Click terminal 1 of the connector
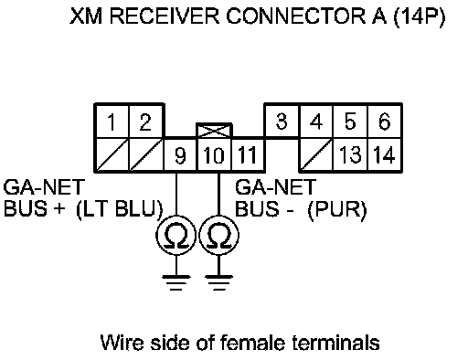coord(112,122)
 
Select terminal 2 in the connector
coord(146,122)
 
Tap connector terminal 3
coord(282,122)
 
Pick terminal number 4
coord(316,122)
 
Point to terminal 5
coord(350,122)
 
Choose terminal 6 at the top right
coord(385,122)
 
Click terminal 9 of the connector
coord(181,155)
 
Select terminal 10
coord(215,155)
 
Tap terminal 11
coord(248,155)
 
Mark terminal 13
coord(350,154)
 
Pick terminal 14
coord(385,154)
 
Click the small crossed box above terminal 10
coord(214,131)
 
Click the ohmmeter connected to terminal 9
coord(176,235)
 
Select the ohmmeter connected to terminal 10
coord(218,235)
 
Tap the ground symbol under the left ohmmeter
coord(176,282)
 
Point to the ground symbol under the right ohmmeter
coord(218,282)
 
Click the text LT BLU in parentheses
coord(120,209)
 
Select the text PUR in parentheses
coord(337,209)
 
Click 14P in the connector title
coord(420,16)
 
